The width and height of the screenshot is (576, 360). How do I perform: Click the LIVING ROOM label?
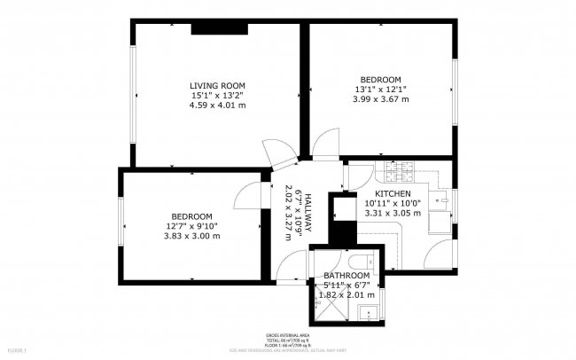click(217, 85)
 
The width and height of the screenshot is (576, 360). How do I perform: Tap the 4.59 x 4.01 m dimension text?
click(217, 106)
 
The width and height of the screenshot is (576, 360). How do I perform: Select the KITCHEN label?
click(392, 193)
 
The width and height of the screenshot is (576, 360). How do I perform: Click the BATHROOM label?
click(346, 276)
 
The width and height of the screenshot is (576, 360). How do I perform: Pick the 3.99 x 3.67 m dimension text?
click(381, 99)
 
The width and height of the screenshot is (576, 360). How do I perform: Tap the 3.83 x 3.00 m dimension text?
click(191, 237)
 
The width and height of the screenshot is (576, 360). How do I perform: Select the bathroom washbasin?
click(370, 311)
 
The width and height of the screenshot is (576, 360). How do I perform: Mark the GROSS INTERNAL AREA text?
click(287, 335)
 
